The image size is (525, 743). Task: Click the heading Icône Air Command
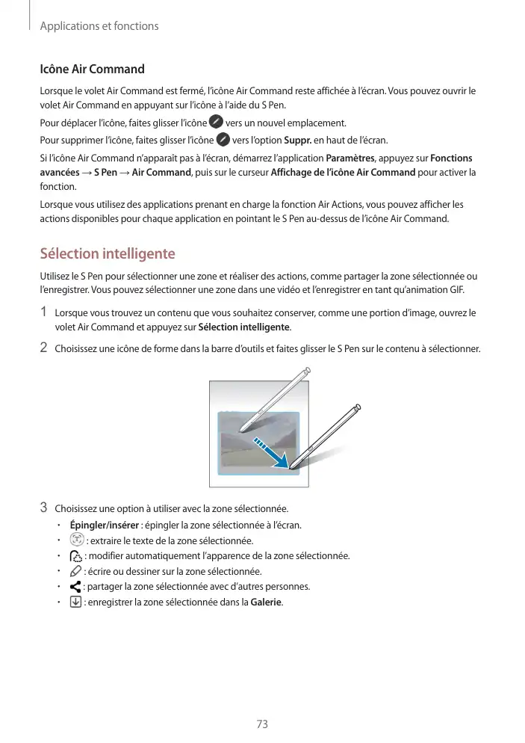click(92, 70)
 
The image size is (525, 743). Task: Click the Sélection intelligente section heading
click(107, 253)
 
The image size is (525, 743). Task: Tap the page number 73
click(262, 724)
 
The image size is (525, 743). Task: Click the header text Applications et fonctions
click(99, 26)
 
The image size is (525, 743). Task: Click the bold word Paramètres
click(352, 158)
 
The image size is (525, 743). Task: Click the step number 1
click(44, 312)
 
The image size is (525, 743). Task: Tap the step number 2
click(44, 348)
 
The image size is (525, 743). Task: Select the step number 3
click(44, 509)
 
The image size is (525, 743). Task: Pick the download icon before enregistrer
click(75, 602)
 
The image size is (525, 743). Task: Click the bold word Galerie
click(267, 602)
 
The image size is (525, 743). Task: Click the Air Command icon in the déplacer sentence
click(216, 122)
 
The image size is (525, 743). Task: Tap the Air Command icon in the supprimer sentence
click(223, 141)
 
